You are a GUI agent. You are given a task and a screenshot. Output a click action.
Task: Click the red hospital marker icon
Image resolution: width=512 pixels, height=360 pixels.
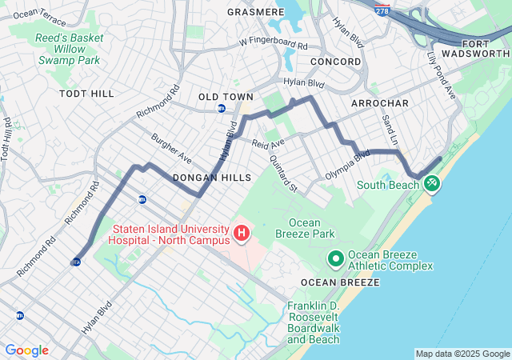pos(241,234)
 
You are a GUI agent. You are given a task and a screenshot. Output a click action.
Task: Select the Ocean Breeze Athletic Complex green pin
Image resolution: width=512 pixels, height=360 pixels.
pos(335,259)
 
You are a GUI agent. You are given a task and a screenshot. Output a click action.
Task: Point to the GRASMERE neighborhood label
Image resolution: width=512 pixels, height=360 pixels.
pos(255,13)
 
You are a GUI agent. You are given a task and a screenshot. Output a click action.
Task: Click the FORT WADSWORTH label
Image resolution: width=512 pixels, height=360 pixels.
pos(486,48)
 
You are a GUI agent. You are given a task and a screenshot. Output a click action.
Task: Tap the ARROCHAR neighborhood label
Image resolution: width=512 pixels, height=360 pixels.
pos(380,104)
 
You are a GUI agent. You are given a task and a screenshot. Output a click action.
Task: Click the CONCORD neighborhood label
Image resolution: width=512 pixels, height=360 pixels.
pos(335,62)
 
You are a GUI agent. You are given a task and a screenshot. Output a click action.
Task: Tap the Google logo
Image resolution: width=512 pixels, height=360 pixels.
pos(26,350)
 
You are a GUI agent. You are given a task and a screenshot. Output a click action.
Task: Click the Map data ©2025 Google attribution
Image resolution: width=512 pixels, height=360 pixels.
pos(462,354)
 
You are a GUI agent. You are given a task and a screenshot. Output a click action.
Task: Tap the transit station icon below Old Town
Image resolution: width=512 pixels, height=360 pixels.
pos(222,108)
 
